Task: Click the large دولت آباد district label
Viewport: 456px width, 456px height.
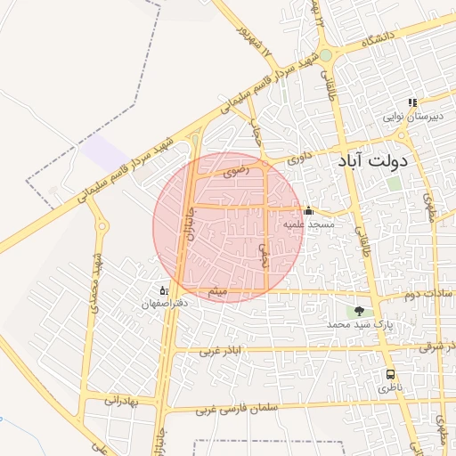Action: (373, 162)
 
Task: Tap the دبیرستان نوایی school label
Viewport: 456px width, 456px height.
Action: (411, 117)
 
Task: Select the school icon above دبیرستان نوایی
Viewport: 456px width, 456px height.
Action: (411, 103)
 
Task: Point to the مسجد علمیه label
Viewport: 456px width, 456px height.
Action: (309, 224)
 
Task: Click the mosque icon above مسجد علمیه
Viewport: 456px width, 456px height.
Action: (308, 211)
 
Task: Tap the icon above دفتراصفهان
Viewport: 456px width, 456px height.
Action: (162, 290)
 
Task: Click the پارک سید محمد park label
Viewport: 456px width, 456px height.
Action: (360, 325)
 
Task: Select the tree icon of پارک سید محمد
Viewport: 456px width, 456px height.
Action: (359, 311)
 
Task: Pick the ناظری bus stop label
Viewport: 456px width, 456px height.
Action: (390, 388)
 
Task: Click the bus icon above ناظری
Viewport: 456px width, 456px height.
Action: (390, 375)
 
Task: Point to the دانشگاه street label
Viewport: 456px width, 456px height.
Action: (378, 39)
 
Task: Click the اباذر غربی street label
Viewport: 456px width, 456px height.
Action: (220, 351)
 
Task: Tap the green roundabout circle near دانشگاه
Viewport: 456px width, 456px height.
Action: (326, 55)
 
